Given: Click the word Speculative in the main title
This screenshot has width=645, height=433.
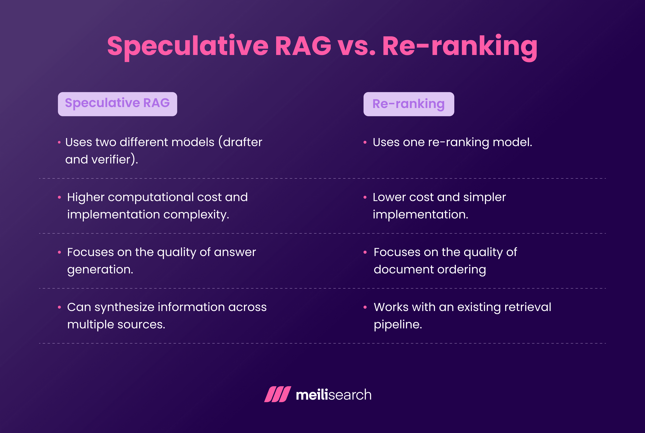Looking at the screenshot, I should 188,46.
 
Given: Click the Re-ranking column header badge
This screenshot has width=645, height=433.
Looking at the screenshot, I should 409,104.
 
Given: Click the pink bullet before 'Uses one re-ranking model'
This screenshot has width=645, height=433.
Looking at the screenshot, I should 365,142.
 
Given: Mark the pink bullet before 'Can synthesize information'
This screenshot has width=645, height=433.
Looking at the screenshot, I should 59,307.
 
